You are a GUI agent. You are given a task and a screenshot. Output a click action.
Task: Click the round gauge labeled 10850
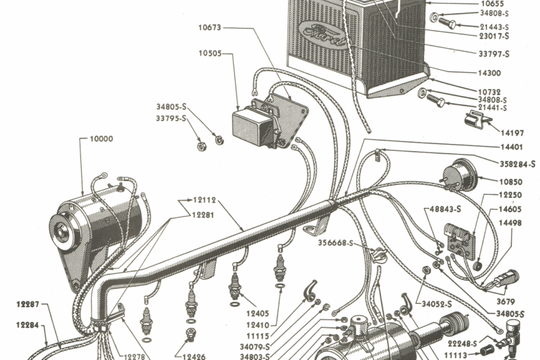(461, 175)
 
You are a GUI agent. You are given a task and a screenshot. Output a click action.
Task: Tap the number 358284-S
(516, 164)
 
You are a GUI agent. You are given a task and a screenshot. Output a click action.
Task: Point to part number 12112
(202, 199)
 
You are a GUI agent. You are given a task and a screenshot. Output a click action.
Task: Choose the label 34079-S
(255, 346)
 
